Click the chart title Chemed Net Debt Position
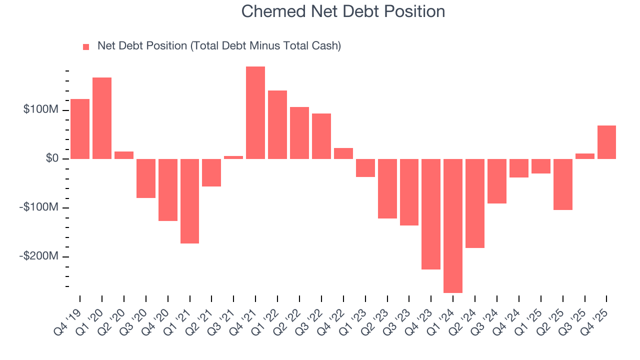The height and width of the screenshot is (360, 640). (x=343, y=11)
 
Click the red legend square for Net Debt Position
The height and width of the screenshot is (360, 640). (x=86, y=46)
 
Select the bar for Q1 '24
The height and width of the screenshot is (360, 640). (x=453, y=225)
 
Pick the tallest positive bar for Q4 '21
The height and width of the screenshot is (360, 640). (x=255, y=112)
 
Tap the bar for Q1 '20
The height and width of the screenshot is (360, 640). (x=102, y=118)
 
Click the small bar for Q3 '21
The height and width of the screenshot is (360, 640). (x=233, y=157)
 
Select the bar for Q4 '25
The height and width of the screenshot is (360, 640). (x=606, y=142)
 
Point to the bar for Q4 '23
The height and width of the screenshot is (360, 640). (x=431, y=214)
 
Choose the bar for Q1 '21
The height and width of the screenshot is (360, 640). (x=190, y=201)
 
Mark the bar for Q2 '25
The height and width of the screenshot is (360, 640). (x=563, y=184)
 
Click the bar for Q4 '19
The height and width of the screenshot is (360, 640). (x=80, y=129)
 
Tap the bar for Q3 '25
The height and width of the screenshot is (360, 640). (x=585, y=156)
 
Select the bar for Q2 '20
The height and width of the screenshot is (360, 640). (x=124, y=155)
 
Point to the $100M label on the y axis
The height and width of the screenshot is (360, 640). (x=40, y=109)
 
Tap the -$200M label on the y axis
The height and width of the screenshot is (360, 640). (x=39, y=256)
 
